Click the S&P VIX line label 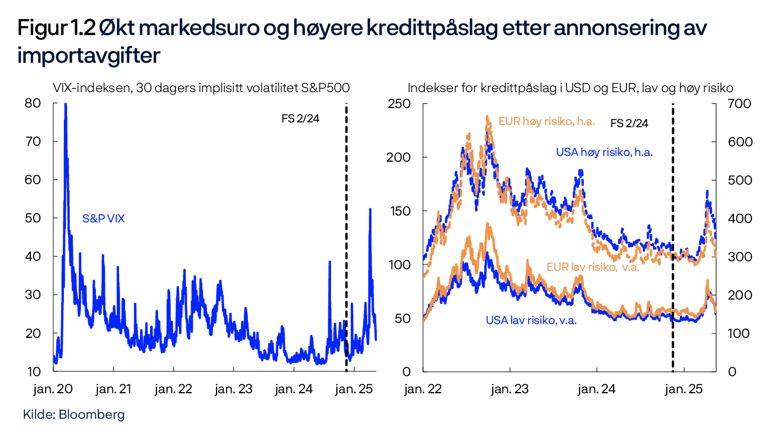point(103,218)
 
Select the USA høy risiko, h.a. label point(604,152)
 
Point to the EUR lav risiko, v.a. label point(592,267)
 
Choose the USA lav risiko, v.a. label point(531,320)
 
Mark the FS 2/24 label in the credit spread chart point(630,123)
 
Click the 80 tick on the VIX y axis point(32,103)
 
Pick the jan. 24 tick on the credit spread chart point(597,389)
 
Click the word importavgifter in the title point(88,56)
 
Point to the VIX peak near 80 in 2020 point(65,105)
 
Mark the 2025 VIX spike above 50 point(370,209)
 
